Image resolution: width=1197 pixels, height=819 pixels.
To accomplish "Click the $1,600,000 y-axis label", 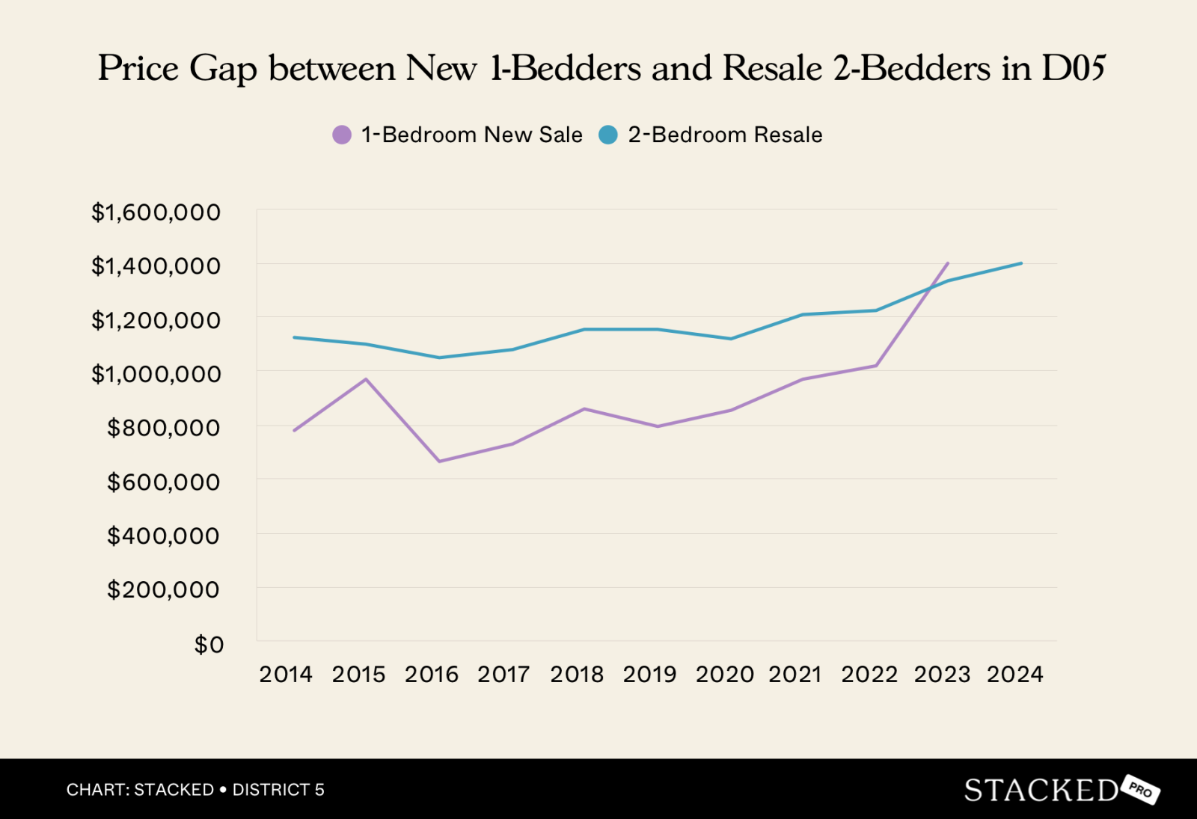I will point(156,212).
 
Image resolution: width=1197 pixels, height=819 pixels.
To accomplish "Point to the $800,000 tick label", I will point(164,428).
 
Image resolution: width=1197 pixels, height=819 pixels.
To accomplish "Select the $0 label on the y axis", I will point(209,644).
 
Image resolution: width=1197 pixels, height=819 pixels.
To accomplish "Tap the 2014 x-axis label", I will point(286,674).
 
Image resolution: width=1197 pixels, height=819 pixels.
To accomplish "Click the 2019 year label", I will point(649,674).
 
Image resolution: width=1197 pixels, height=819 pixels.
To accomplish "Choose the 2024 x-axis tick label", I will point(1014,674).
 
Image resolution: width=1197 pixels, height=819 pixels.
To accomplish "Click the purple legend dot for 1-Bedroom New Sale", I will point(342,135).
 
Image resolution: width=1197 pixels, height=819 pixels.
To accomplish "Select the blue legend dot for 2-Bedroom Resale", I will point(608,135).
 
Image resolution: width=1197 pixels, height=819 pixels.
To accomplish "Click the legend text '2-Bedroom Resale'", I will point(725,135).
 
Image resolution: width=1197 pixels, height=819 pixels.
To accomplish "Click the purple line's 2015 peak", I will point(366,379).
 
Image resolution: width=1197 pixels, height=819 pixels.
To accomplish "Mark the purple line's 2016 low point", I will point(439,461).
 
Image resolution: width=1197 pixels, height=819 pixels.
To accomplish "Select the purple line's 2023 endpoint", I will point(948,263).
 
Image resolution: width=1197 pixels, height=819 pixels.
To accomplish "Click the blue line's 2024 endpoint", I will point(1021,263).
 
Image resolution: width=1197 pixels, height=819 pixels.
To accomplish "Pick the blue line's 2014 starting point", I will point(294,337).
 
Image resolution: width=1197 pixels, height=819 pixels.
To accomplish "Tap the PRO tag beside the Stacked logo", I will point(1140,789).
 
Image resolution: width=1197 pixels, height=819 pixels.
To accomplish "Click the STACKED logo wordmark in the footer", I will point(1041,790).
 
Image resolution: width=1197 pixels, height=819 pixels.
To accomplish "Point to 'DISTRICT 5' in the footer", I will point(278,790).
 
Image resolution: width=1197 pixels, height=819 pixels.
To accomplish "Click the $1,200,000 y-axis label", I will point(156,320).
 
